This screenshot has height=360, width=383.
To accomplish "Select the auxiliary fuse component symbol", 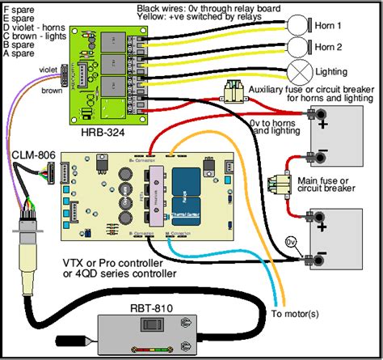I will point(239,90).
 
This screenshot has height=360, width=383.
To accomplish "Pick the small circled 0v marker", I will point(295,241).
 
